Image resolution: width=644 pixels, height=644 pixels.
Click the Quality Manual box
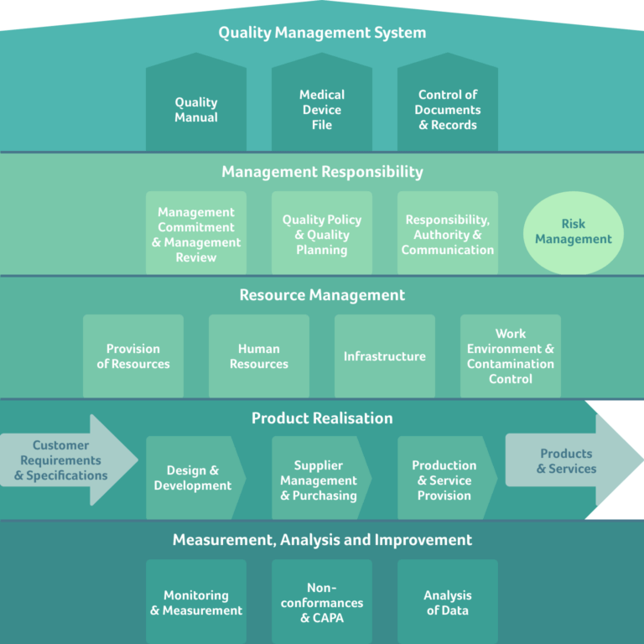tap(196, 109)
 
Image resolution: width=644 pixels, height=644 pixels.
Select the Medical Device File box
tap(322, 109)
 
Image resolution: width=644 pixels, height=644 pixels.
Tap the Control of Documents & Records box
tap(448, 109)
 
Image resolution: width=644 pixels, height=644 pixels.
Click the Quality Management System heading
tap(322, 33)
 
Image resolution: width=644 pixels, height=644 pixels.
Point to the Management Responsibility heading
tap(322, 172)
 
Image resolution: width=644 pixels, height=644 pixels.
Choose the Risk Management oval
tap(574, 231)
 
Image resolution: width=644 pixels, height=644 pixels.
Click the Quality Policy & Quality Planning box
tap(322, 234)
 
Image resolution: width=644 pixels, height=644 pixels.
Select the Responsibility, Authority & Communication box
tap(448, 234)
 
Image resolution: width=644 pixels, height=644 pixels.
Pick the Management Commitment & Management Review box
tap(196, 234)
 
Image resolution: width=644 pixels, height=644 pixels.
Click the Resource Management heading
tap(322, 295)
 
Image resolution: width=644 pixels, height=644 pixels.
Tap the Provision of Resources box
tap(133, 356)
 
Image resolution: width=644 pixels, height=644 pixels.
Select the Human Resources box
tap(259, 356)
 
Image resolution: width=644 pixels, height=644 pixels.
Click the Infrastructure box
tap(385, 356)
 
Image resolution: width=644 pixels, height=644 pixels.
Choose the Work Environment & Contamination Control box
tap(511, 356)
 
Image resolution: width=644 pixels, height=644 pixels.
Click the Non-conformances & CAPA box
tap(322, 603)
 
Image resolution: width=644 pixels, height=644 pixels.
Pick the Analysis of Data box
tap(448, 603)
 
